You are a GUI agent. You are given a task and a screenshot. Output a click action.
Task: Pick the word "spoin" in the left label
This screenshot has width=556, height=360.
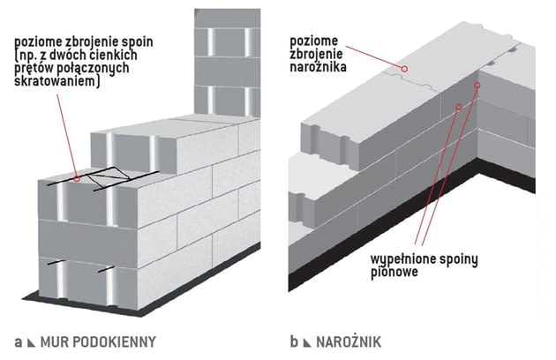pos(140,41)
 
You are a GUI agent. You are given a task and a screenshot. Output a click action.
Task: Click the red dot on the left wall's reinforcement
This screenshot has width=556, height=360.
pos(79,178)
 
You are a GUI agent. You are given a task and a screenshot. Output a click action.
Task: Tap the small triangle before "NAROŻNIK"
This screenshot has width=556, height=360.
pos(306,341)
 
